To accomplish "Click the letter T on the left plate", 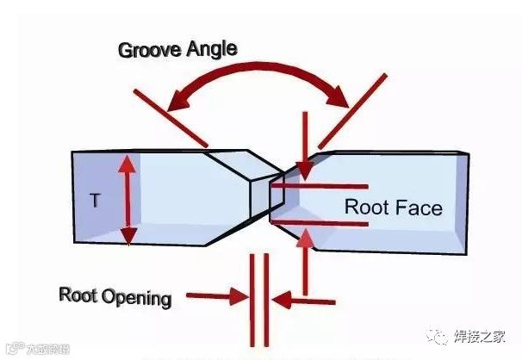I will click(96, 200).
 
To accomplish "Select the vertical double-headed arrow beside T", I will click(127, 199).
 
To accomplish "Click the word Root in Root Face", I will click(364, 208).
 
